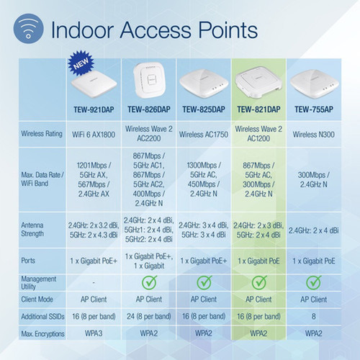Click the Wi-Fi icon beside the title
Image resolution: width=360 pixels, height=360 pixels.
point(25,30)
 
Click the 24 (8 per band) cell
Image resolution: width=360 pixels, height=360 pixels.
point(149,315)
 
